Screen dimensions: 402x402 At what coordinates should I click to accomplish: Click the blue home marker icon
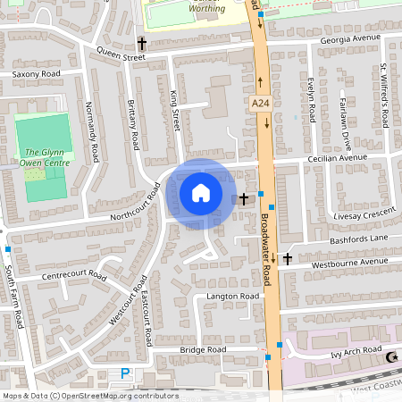pos(201,193)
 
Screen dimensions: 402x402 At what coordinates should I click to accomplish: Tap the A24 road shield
pos(260,105)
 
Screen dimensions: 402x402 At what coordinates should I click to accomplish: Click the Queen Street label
pos(121,55)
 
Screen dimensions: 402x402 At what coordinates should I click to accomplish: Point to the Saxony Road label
pos(36,73)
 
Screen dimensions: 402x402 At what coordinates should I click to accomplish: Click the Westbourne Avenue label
pos(349,263)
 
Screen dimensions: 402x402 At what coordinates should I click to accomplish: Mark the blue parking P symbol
pos(125,373)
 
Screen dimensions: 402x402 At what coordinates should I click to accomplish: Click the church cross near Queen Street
pos(141,42)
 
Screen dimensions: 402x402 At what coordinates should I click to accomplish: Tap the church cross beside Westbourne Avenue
pos(287,259)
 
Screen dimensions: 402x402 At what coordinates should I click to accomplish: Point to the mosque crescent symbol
pos(390,357)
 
